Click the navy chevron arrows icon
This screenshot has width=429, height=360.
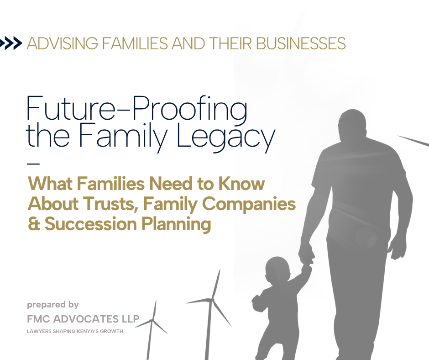[10, 43]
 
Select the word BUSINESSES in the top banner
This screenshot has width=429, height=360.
[301, 43]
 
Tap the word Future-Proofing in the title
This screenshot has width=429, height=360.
[137, 108]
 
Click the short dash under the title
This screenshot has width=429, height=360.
[33, 164]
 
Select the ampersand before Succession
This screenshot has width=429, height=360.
[34, 224]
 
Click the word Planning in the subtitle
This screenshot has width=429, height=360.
[176, 224]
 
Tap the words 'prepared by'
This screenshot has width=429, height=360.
[53, 305]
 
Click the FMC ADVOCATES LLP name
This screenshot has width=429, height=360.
[83, 319]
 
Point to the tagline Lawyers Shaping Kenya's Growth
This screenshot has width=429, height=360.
[75, 331]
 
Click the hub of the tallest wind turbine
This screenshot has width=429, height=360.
[211, 300]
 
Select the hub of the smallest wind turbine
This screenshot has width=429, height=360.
[152, 320]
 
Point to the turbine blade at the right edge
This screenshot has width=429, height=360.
[413, 141]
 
